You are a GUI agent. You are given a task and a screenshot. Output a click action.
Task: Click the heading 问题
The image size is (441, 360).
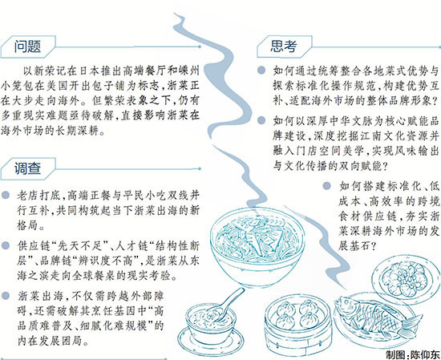pyautogui.click(x=27, y=47)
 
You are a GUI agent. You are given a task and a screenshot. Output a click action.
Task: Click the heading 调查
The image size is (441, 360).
pyautogui.click(x=27, y=168)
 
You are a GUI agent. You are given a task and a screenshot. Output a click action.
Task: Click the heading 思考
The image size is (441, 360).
pyautogui.click(x=284, y=47)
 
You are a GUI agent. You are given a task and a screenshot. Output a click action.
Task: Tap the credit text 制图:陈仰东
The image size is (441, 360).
pyautogui.click(x=412, y=354)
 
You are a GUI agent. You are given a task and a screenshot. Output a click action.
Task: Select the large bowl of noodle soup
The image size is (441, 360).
pyautogui.click(x=257, y=248)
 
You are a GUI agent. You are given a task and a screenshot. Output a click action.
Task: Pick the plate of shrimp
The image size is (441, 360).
pyautogui.click(x=406, y=278)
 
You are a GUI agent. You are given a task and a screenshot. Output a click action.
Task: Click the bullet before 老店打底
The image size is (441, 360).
pyautogui.click(x=6, y=195)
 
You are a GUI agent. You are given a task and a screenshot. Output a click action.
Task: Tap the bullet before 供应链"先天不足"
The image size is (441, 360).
pyautogui.click(x=6, y=245)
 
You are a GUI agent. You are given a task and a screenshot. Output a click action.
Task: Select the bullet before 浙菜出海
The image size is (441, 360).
pyautogui.click(x=6, y=296)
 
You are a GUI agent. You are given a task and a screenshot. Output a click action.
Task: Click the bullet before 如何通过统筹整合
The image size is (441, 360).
pyautogui.click(x=261, y=70)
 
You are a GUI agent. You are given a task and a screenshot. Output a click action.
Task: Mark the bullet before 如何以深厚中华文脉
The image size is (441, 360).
pyautogui.click(x=261, y=120)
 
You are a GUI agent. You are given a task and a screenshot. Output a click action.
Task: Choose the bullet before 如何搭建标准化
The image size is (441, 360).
pyautogui.click(x=326, y=186)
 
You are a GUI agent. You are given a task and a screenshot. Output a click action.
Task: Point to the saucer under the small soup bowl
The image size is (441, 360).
pyautogui.click(x=210, y=342)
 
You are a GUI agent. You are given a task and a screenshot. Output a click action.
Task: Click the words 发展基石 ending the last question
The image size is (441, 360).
pyautogui.click(x=354, y=246)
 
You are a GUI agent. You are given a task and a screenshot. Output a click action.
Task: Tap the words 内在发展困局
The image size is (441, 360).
pyautogui.click(x=51, y=341)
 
